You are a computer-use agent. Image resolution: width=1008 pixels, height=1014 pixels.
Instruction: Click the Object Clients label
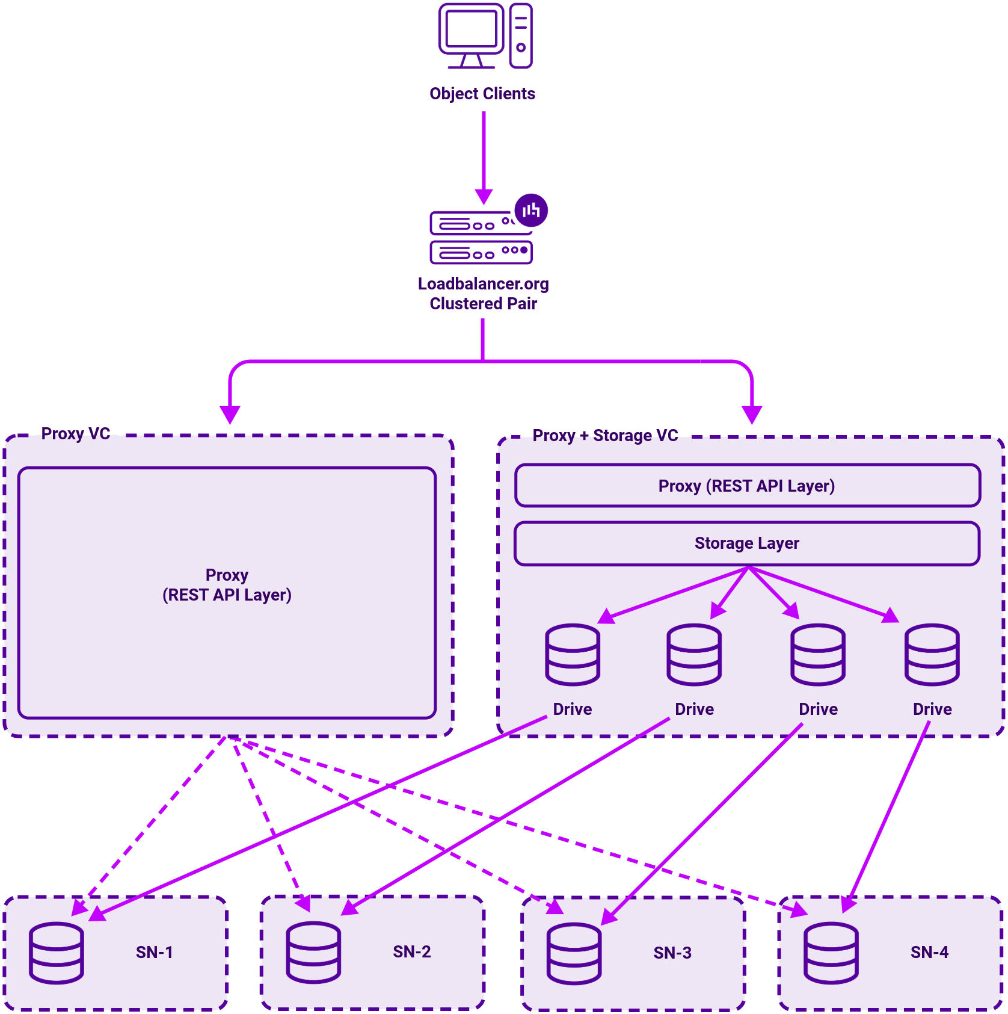[x=482, y=93]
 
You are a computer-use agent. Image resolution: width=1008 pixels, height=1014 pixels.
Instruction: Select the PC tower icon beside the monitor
[x=521, y=36]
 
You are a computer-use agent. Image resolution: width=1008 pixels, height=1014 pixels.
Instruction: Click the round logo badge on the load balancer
[x=531, y=210]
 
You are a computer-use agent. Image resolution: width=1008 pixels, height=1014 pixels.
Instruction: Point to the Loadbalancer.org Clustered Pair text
[x=483, y=293]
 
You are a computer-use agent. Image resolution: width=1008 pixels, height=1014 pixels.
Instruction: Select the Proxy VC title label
[x=75, y=434]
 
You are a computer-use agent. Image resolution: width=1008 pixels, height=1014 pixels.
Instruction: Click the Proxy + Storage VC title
[x=605, y=435]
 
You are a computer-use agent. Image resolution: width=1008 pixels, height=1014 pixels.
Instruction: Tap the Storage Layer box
[x=747, y=543]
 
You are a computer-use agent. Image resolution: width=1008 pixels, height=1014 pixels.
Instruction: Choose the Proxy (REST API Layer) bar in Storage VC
[x=747, y=486]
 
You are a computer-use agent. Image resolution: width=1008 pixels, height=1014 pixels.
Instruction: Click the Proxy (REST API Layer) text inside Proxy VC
[x=227, y=585]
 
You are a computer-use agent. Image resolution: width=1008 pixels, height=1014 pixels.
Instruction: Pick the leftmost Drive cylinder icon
[x=572, y=655]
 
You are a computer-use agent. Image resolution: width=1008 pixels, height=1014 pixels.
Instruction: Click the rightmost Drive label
[x=932, y=709]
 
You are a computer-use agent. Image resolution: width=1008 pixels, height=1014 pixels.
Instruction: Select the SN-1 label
[x=154, y=952]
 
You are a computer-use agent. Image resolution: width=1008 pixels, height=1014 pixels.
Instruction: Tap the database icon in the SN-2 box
[x=313, y=953]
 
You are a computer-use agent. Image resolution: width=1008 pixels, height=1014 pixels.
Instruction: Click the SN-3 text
[x=672, y=953]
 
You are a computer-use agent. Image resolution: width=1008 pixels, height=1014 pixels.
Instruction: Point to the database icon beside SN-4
[x=831, y=953]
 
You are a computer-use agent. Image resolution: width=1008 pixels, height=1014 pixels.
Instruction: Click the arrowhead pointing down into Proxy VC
[x=230, y=414]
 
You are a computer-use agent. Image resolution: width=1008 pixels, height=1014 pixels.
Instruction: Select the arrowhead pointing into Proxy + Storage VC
[x=752, y=414]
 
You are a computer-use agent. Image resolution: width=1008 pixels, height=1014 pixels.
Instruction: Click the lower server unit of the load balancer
[x=481, y=252]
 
